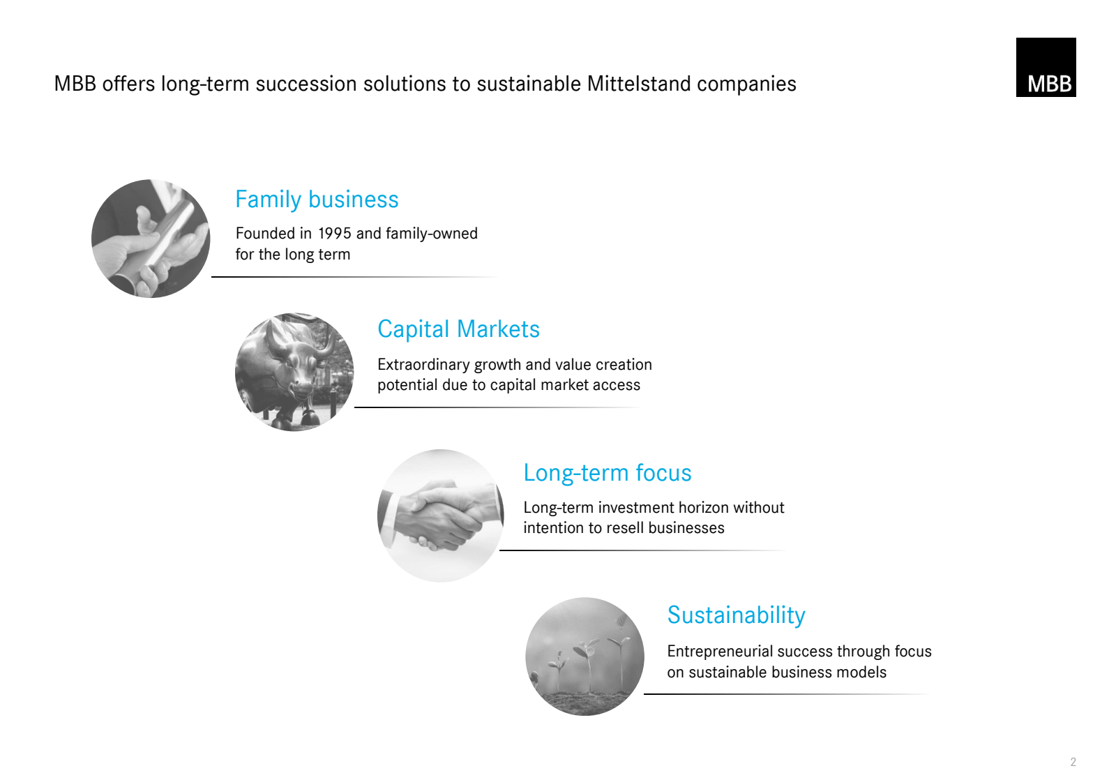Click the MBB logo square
tap(1046, 67)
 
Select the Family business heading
tap(317, 200)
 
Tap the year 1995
tap(334, 233)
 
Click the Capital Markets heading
tap(458, 329)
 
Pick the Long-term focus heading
tap(608, 473)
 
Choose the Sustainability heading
tap(736, 615)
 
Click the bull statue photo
tap(294, 372)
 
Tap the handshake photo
tap(440, 516)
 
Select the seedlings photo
tap(585, 656)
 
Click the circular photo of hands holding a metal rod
tap(151, 239)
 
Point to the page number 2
tap(1073, 762)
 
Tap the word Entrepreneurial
tap(719, 652)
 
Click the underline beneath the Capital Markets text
tap(497, 407)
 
